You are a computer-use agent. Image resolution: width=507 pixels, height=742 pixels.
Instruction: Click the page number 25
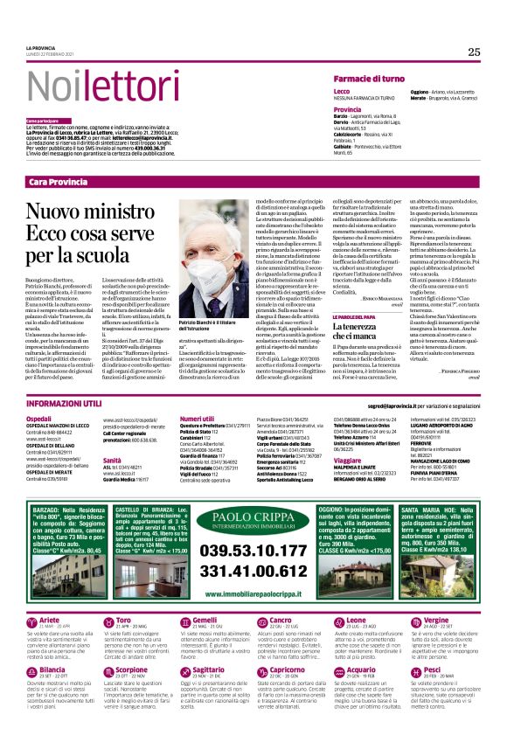(473, 52)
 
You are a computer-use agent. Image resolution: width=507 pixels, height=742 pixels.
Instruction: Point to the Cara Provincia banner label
(60, 181)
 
